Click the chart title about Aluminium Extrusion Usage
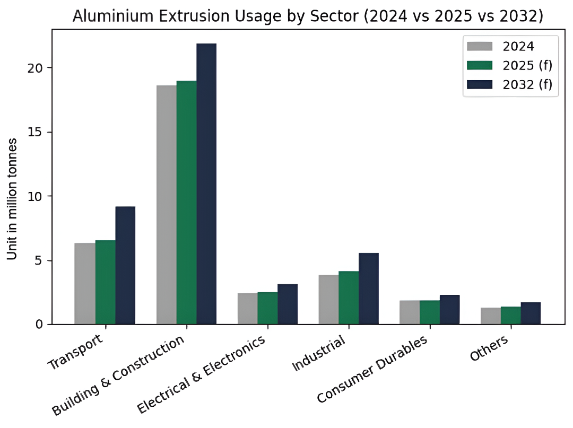[308, 16]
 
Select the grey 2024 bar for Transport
[85, 283]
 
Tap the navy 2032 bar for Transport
[125, 265]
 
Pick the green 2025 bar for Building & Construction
[187, 202]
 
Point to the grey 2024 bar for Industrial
[328, 299]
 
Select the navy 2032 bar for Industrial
[369, 289]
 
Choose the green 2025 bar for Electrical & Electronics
[267, 308]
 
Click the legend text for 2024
[518, 46]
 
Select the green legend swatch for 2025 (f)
[480, 66]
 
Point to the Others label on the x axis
[489, 348]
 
